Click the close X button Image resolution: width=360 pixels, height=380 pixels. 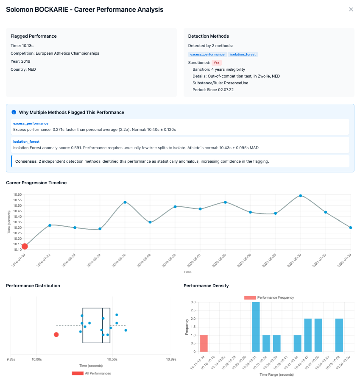351,9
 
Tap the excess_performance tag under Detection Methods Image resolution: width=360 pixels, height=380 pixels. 207,54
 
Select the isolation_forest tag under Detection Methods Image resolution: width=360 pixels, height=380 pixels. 243,54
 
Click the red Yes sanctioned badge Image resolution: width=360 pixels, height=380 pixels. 216,63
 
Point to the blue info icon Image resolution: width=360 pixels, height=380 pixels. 14,112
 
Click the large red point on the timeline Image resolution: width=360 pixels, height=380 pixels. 25,247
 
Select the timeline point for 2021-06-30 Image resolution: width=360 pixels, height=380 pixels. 301,196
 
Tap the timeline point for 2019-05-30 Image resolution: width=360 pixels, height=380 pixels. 125,202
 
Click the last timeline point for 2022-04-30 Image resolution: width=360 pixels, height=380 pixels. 351,227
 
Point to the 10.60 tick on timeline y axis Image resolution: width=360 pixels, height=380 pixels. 17,194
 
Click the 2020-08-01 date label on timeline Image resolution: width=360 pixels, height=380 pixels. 194,261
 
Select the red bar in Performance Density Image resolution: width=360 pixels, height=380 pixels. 204,344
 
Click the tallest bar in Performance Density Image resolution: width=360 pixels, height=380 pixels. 256,327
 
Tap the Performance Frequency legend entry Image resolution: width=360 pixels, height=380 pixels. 269,297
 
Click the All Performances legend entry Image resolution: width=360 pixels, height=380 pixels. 91,373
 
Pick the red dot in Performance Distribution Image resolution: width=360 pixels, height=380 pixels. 56,335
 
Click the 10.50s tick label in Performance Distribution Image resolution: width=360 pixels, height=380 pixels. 112,359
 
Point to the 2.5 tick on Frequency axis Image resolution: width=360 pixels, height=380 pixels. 193,310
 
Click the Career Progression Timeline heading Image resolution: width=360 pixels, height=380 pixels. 36,183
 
